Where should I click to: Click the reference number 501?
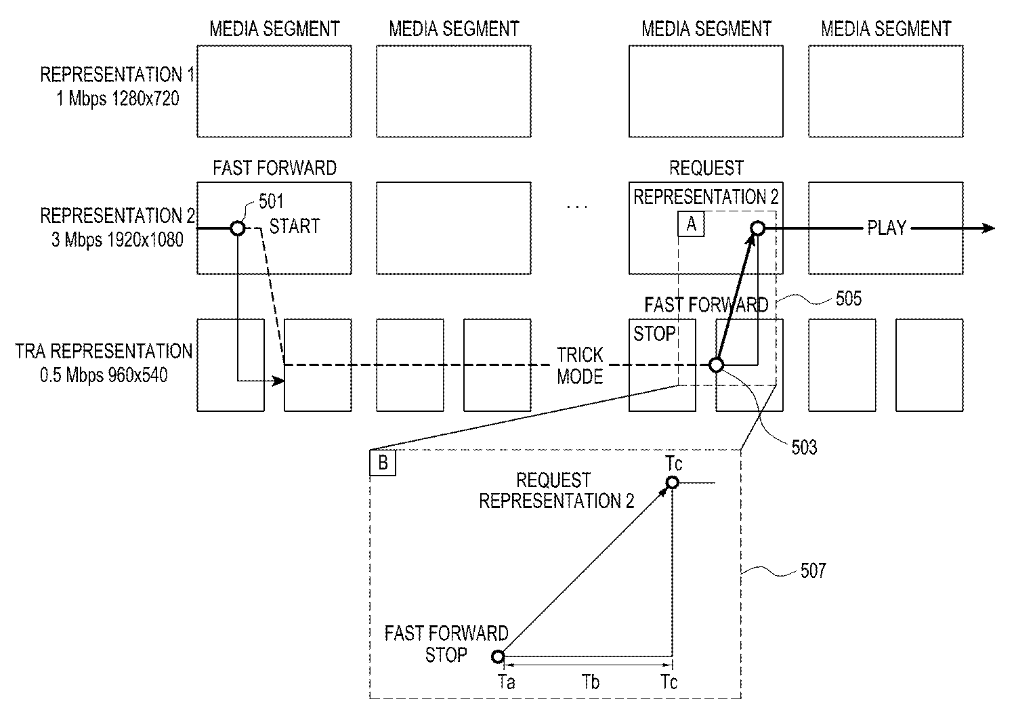coord(271,202)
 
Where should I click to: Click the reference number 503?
coord(804,447)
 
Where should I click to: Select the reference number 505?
coord(848,299)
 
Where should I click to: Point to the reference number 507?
coord(813,571)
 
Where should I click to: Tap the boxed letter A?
coord(692,224)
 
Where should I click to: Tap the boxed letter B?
coord(383,463)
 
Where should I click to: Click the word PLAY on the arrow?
coord(887,228)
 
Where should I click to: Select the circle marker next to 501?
coord(238,228)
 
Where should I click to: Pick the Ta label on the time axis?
coord(506,682)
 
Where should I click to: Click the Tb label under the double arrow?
coord(591,682)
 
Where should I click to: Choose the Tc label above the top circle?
coord(673,463)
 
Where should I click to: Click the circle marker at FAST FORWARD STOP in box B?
coord(498,656)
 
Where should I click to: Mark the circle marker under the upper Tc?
coord(672,482)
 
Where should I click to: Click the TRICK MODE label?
coord(580,366)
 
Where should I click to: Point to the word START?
coord(295,226)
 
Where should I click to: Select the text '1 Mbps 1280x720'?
coord(118,99)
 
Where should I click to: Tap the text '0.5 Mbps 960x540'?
coord(104,375)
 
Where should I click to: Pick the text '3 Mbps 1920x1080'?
coord(117,240)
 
